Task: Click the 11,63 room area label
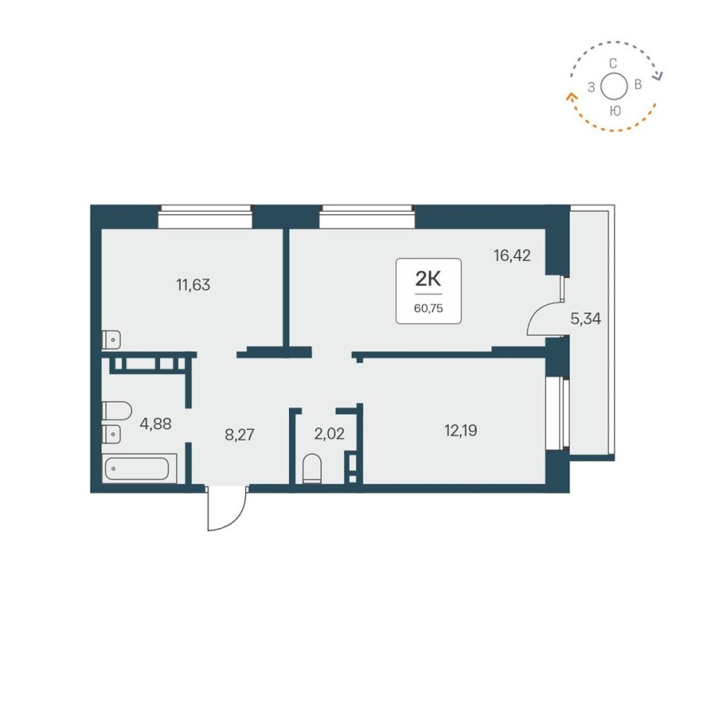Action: pyautogui.click(x=193, y=284)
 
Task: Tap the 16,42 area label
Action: pyautogui.click(x=512, y=255)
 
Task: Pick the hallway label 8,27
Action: pyautogui.click(x=239, y=434)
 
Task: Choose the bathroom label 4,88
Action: pyautogui.click(x=155, y=424)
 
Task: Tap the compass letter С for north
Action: pyautogui.click(x=614, y=63)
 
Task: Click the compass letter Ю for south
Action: pyautogui.click(x=615, y=111)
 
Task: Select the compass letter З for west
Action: pyautogui.click(x=591, y=87)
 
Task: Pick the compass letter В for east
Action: pyautogui.click(x=638, y=85)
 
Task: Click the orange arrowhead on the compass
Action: pyautogui.click(x=570, y=97)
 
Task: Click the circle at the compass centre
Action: pyautogui.click(x=615, y=87)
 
